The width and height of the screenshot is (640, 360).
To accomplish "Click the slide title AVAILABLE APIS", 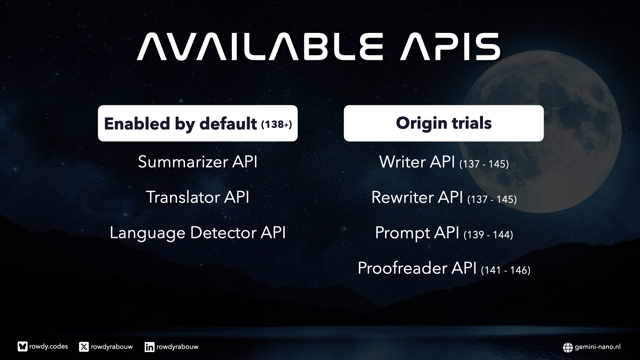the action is click(318, 47).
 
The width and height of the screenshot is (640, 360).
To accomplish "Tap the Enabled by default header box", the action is click(198, 123).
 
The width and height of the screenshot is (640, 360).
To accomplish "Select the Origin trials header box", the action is click(444, 123).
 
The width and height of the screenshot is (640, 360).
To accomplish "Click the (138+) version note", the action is click(276, 124).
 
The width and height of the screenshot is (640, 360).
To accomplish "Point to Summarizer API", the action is click(198, 162).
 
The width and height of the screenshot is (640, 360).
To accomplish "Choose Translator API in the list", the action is click(198, 197).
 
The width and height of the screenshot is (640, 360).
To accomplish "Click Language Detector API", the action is click(198, 233).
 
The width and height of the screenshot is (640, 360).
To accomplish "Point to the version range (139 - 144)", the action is click(488, 235).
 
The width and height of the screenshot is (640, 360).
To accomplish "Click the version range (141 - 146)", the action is click(506, 270).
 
